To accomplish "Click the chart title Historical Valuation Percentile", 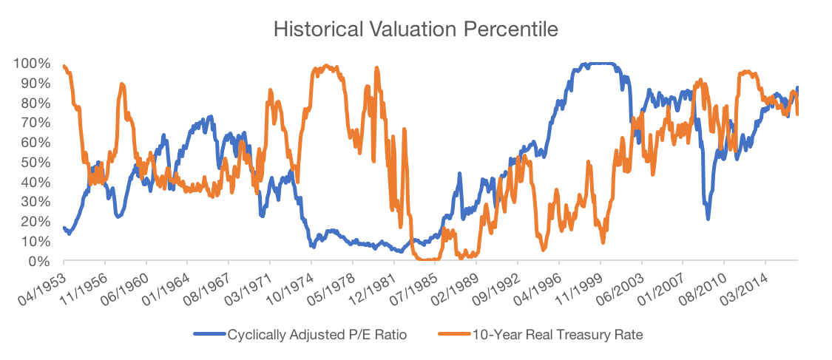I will (x=415, y=30).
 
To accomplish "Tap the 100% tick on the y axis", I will (x=32, y=64).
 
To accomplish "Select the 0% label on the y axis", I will (x=38, y=262).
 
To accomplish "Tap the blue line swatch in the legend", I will (x=209, y=334).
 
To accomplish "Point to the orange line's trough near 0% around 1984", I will (x=427, y=259).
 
